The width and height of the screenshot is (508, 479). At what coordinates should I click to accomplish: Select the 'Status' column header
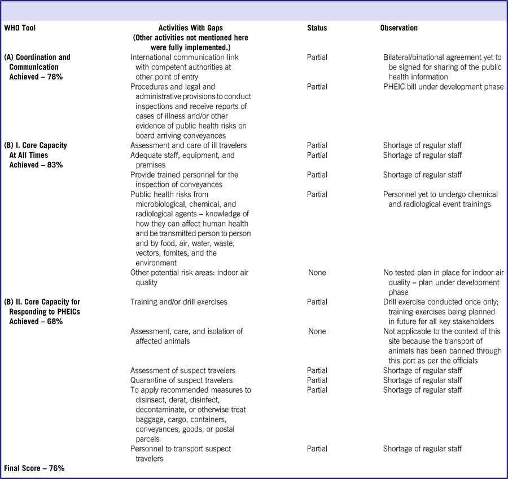click(317, 28)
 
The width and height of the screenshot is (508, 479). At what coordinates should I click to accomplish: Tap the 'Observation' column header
click(398, 28)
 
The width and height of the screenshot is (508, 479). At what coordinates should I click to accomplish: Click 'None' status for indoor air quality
click(317, 273)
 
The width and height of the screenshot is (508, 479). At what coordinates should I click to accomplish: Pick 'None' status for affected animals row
click(317, 331)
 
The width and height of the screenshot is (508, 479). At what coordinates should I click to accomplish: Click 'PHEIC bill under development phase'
click(443, 87)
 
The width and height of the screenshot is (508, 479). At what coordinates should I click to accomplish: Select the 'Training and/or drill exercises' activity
click(178, 302)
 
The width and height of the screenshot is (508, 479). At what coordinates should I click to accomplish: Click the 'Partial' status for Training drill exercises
click(317, 302)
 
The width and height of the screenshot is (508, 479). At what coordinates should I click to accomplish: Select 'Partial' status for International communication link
click(317, 57)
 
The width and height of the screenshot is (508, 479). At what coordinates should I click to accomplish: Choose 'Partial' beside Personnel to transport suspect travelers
click(317, 449)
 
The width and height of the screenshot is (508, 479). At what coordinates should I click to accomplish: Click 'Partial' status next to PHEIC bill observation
click(317, 87)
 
